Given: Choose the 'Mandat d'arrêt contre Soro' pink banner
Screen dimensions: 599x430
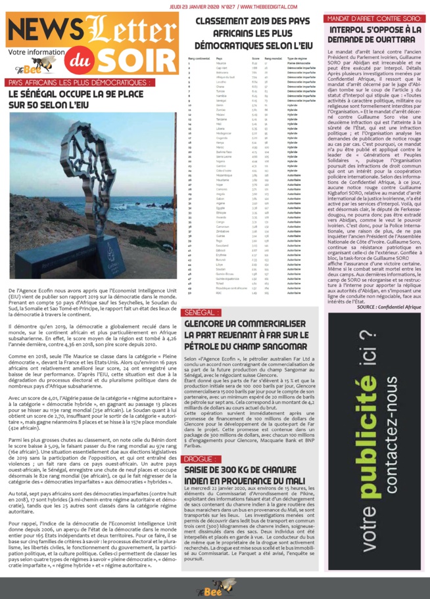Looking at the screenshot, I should coord(373,18).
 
